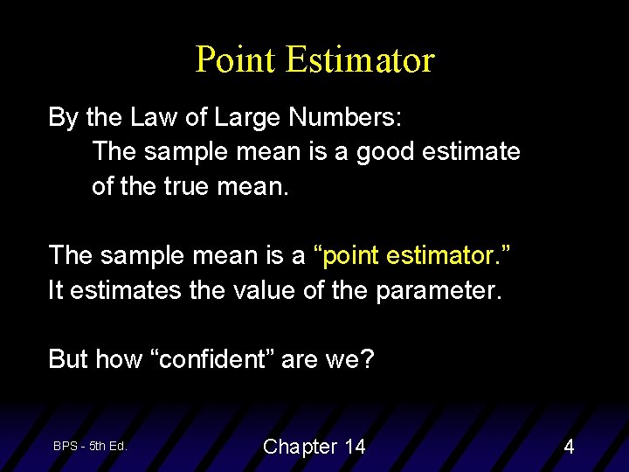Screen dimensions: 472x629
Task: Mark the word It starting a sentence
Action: pos(56,289)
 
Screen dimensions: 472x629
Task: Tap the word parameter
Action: pos(439,290)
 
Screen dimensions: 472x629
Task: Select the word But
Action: pos(68,358)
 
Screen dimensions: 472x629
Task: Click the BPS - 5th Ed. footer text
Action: pos(90,446)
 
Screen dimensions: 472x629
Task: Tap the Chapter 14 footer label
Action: pos(314,447)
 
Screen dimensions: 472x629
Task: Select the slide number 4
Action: pos(569,447)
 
